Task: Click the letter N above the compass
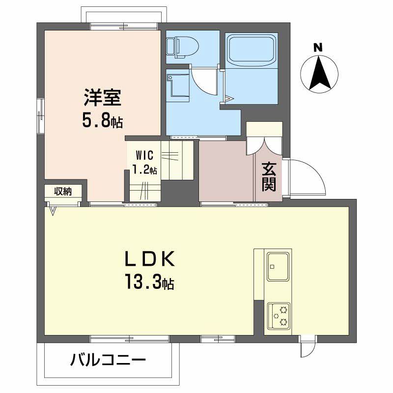point(318,48)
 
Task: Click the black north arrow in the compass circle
point(320,72)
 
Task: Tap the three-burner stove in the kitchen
point(279,316)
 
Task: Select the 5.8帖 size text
point(102,121)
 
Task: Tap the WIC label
point(145,156)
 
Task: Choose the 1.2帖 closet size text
point(145,170)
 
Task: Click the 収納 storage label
point(63,191)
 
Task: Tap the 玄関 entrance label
point(268,176)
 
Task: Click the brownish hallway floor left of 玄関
point(226,171)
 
